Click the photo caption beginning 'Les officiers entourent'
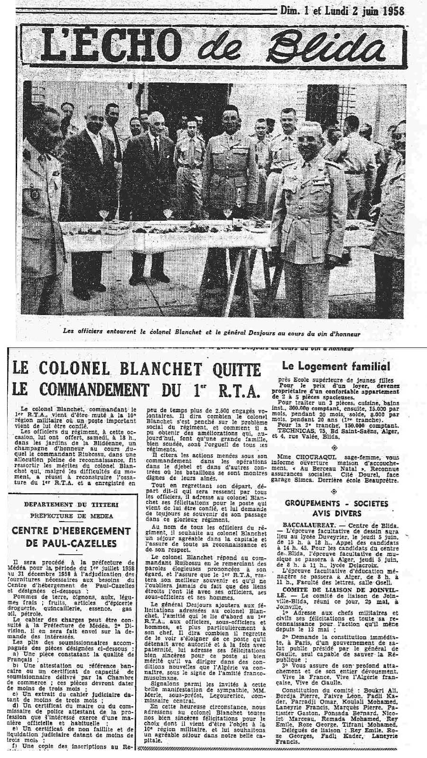click(212, 333)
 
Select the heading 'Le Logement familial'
click(336, 366)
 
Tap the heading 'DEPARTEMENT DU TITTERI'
click(71, 505)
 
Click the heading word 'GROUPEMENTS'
click(313, 504)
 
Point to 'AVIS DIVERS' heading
click(336, 514)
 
